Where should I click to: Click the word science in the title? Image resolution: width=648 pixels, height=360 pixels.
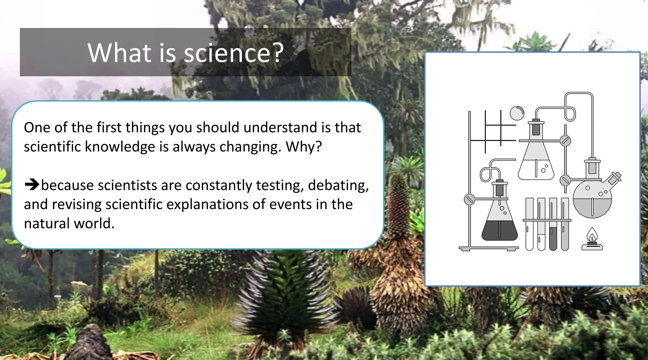coord(227,53)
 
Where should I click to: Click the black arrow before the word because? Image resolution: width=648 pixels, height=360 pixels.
coord(32,184)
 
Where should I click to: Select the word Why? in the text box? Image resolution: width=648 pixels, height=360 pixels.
coord(303,147)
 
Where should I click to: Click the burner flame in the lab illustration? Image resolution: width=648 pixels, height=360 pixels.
coord(592,235)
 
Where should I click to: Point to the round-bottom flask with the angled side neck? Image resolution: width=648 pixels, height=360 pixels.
coord(592,199)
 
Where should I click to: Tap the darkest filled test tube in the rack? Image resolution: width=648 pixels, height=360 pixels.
coord(553,237)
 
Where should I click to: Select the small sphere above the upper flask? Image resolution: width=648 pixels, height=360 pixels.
coord(517,113)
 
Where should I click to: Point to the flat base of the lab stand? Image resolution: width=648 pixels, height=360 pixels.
coord(489,248)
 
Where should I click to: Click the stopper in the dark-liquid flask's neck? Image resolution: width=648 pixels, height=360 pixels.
coord(500,189)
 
